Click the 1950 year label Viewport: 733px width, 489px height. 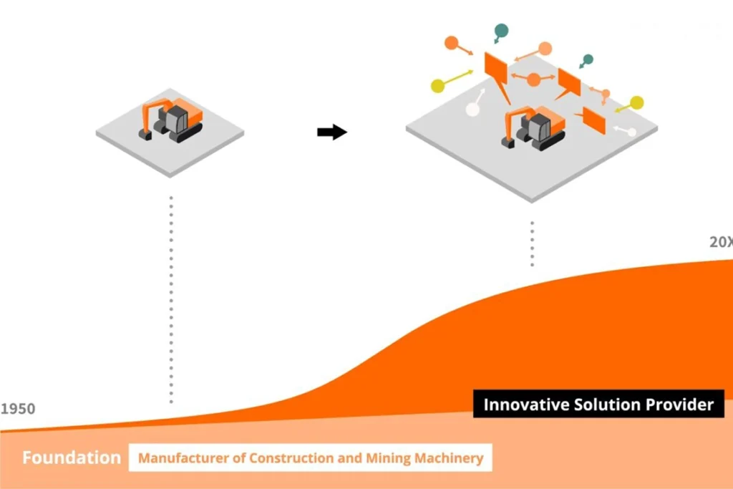17,410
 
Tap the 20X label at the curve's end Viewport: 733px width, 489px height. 720,243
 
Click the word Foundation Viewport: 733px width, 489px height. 71,457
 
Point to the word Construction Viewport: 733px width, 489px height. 286,457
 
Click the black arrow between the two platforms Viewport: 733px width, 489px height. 331,132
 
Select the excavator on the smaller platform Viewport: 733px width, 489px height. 172,119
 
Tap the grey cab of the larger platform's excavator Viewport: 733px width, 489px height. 538,127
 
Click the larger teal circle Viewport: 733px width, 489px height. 501,31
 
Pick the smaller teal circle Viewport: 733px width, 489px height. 588,59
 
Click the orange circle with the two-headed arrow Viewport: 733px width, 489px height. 533,79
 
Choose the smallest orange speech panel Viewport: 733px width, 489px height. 594,120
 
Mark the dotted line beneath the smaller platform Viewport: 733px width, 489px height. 171,297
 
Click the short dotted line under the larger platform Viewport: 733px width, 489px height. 532,243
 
